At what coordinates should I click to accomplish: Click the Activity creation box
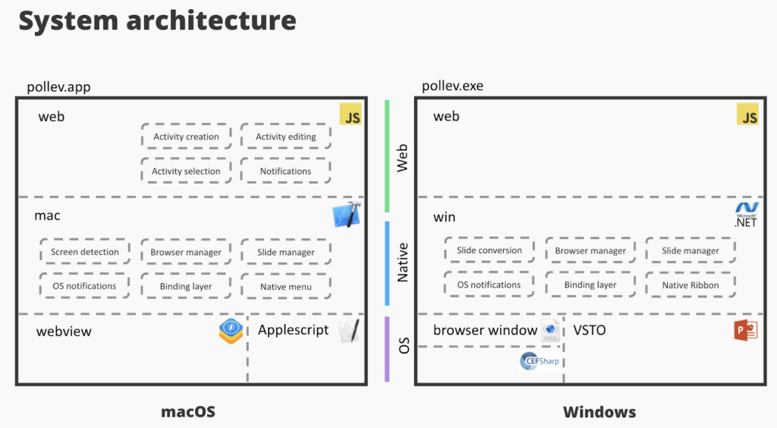[186, 137]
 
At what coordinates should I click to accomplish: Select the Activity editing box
[285, 137]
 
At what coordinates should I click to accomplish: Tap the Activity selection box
[186, 171]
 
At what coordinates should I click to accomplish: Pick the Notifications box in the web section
[285, 171]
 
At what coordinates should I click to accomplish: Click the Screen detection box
[85, 252]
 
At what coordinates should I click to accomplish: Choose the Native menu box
[285, 286]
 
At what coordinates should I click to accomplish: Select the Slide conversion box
[489, 250]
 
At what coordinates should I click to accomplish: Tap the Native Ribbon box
[690, 285]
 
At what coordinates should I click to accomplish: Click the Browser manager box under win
[590, 250]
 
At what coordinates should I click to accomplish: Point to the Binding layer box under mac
[186, 286]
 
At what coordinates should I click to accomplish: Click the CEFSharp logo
[539, 360]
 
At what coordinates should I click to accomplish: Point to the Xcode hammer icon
[346, 215]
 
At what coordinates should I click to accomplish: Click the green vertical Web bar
[387, 156]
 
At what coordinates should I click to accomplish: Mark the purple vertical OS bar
[387, 348]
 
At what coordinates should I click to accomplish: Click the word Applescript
[293, 330]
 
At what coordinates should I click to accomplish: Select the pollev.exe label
[452, 87]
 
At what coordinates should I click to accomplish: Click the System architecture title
[157, 20]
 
